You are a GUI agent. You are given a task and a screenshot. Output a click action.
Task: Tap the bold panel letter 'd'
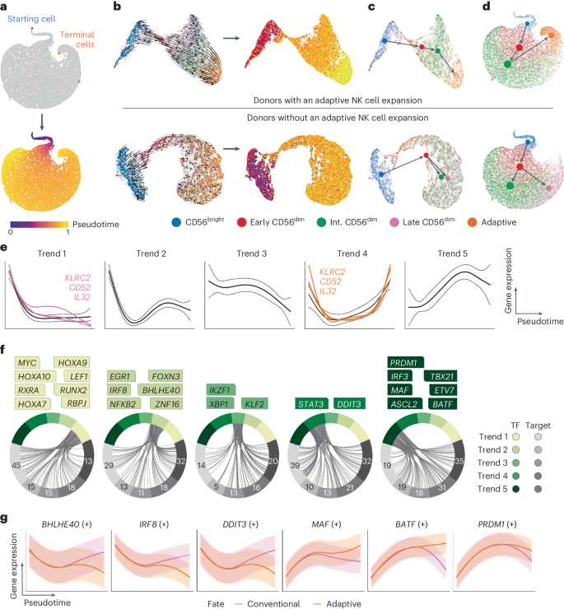pyautogui.click(x=468, y=7)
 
